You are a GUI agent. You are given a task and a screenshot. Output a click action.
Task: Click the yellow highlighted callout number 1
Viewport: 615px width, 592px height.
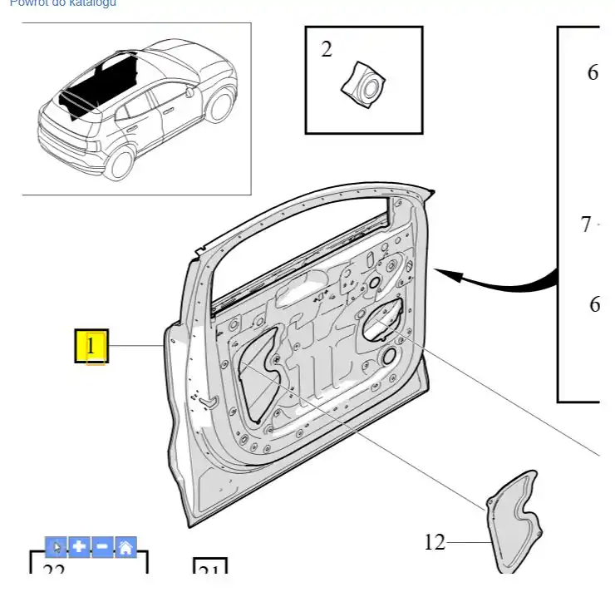(92, 345)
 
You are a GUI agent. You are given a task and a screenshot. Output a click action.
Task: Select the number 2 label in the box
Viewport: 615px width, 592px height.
(327, 50)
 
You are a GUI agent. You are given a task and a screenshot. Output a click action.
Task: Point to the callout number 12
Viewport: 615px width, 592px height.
(435, 543)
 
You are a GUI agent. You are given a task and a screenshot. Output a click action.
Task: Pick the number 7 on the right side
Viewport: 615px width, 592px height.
(586, 224)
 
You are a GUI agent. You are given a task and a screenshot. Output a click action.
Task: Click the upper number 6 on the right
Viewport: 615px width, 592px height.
(593, 73)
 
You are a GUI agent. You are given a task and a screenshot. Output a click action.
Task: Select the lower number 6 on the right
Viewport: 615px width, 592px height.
(594, 304)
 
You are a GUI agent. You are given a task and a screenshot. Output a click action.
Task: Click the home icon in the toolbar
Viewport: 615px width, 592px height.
(125, 547)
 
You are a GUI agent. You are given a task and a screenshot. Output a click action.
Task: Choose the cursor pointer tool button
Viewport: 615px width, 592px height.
(56, 547)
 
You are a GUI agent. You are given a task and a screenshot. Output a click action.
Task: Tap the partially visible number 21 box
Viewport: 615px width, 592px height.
(209, 572)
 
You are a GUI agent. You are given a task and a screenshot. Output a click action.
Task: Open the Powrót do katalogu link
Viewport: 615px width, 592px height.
(63, 3)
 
